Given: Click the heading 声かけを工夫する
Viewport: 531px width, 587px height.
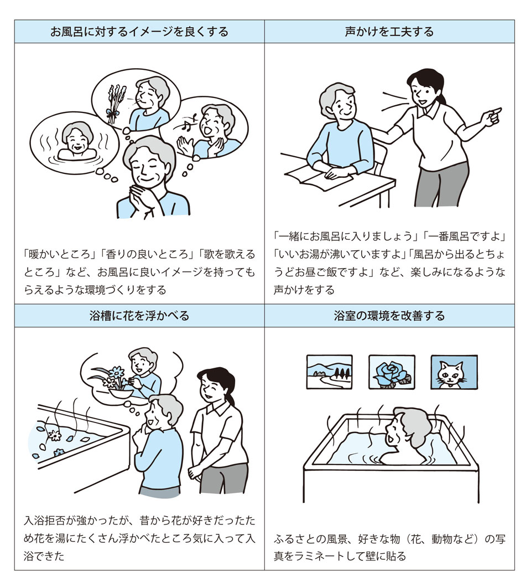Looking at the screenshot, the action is pyautogui.click(x=389, y=32).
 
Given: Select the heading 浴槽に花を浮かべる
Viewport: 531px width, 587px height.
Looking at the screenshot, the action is pyautogui.click(x=139, y=316).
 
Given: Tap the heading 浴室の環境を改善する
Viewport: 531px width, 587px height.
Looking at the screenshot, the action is pyautogui.click(x=389, y=316).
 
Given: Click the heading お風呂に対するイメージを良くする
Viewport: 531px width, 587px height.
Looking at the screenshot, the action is pyautogui.click(x=139, y=32).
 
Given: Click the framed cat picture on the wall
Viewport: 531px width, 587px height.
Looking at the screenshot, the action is pyautogui.click(x=454, y=372).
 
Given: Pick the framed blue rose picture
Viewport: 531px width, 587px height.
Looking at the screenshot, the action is pyautogui.click(x=392, y=372).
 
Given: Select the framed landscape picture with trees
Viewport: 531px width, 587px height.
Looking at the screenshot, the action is pyautogui.click(x=330, y=372).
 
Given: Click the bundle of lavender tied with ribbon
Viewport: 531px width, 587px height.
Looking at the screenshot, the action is pyautogui.click(x=113, y=104).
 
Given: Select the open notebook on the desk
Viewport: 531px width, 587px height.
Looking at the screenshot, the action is pyautogui.click(x=319, y=176).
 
